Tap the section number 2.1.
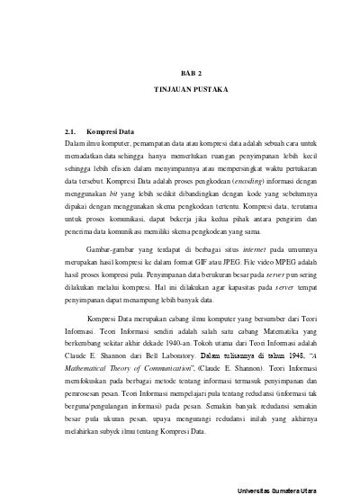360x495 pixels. (74, 131)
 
